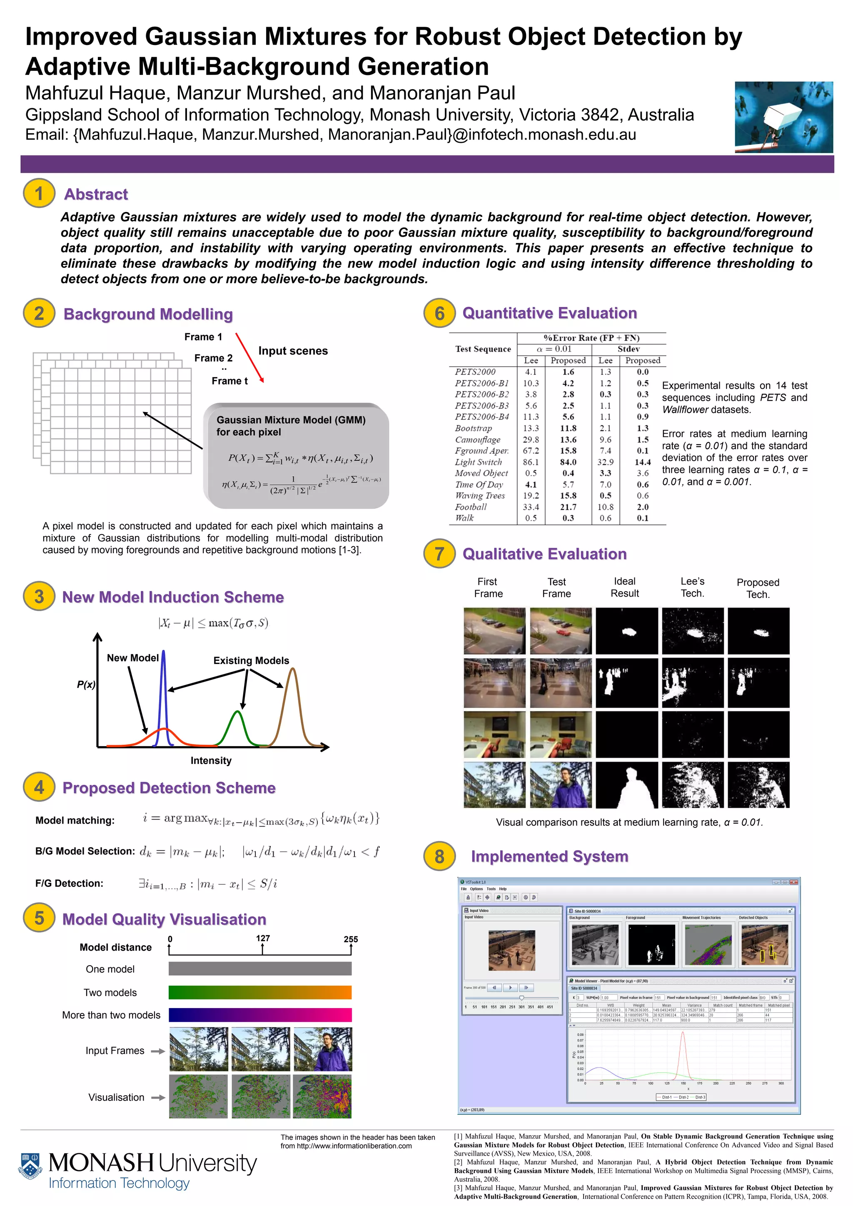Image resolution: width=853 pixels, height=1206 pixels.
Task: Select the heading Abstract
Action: pyautogui.click(x=96, y=195)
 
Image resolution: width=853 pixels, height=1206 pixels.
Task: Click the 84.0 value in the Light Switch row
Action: pyautogui.click(x=568, y=462)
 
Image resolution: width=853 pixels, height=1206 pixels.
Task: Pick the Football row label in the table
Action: pyautogui.click(x=471, y=507)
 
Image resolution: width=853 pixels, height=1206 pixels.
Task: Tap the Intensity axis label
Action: pyautogui.click(x=211, y=761)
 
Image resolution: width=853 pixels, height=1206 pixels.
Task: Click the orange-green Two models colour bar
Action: pyautogui.click(x=260, y=992)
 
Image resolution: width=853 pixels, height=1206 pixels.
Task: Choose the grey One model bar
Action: pyautogui.click(x=260, y=969)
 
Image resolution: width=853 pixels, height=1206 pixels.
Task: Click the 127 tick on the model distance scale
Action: pyautogui.click(x=263, y=938)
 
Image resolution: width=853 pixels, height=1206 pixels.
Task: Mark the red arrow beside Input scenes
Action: pyautogui.click(x=249, y=357)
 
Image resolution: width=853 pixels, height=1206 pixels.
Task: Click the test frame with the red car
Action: pyautogui.click(x=561, y=630)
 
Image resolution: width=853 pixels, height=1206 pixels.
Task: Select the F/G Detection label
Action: pyautogui.click(x=69, y=884)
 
